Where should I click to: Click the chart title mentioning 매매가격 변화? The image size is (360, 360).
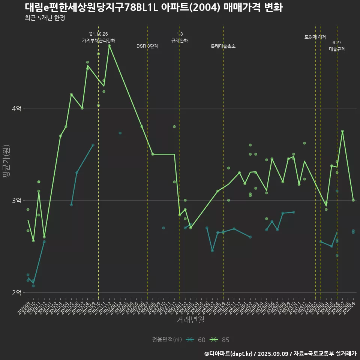(x=154, y=7)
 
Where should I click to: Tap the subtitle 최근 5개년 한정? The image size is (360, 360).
(x=45, y=18)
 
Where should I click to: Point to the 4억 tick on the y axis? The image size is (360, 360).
(x=17, y=108)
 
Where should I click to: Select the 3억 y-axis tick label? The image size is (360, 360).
(x=17, y=200)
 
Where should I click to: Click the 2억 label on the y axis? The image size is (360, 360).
(x=17, y=292)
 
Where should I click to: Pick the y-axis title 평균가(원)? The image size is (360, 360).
(x=6, y=161)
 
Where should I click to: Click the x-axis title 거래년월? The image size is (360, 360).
(x=190, y=320)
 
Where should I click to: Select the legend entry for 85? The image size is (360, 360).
(x=220, y=340)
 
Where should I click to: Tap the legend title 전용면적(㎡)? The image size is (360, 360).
(x=166, y=340)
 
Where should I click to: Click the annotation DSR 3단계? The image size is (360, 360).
(x=147, y=46)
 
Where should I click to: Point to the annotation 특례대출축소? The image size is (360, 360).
(x=223, y=46)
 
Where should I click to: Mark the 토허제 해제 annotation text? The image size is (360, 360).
(x=315, y=37)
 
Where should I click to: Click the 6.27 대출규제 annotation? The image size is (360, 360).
(x=337, y=46)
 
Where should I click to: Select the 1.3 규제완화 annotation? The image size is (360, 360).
(x=180, y=37)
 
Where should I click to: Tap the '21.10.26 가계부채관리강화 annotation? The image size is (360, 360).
(x=99, y=37)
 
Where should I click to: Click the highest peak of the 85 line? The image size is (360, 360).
(x=109, y=46)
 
